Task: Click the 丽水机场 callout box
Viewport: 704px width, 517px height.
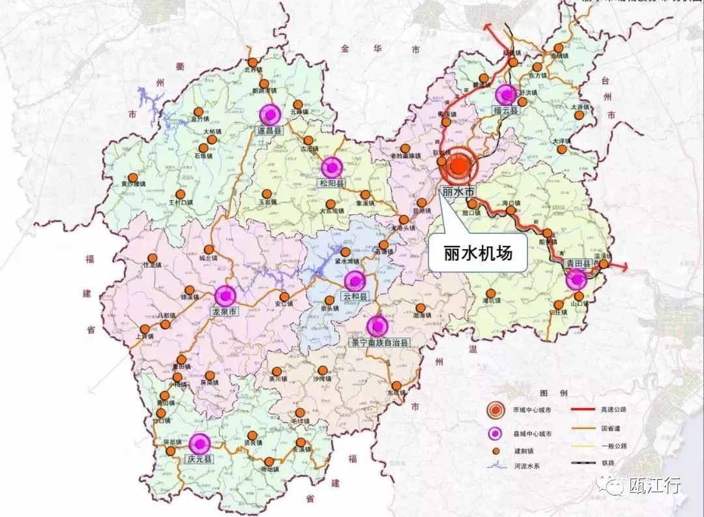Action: point(478,252)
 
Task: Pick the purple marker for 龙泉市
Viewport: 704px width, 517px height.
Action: point(226,296)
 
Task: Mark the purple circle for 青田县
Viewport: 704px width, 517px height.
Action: point(576,280)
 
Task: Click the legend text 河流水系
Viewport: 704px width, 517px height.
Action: point(526,465)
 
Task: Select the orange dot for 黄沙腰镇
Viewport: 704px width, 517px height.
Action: point(133,177)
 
